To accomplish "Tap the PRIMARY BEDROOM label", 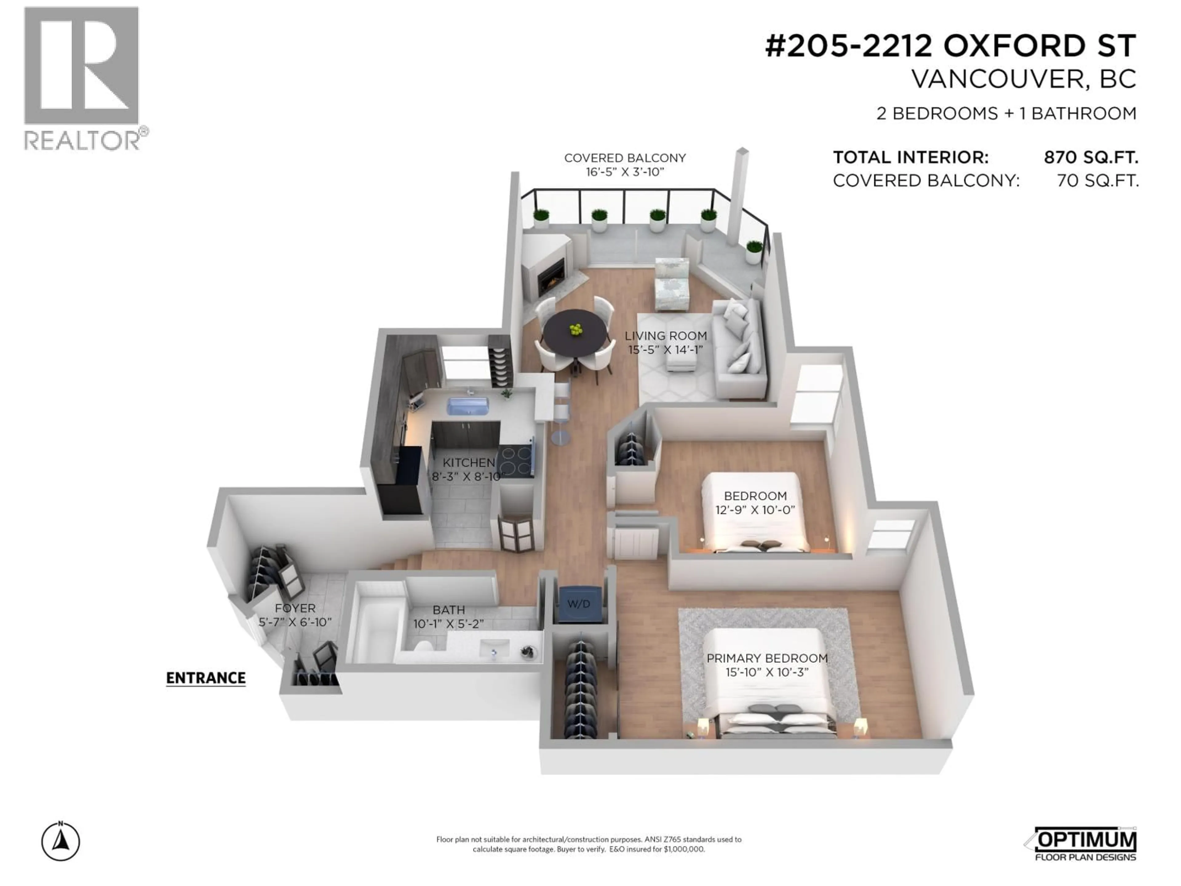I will click(x=767, y=658).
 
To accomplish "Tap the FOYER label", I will click(x=295, y=608).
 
